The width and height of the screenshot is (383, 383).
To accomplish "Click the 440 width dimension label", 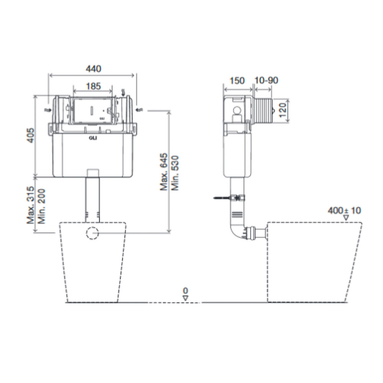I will point(93,69).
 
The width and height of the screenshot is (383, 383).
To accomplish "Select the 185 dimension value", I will point(93,86).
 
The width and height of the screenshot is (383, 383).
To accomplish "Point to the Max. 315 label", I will point(31,206).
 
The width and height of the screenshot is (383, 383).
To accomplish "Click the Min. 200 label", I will point(42,206).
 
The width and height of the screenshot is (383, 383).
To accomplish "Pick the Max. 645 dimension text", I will point(164,173).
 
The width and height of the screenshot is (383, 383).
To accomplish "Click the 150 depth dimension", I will point(237,80).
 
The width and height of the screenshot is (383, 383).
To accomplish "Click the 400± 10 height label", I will point(344,210).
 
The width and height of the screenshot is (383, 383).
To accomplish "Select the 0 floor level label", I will point(185,291).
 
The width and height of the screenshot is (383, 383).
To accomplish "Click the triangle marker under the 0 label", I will point(185,298).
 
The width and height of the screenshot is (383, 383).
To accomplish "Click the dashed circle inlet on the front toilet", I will point(92,233).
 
